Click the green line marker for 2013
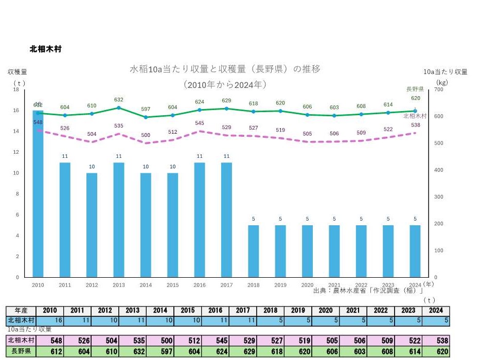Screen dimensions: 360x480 [118, 107]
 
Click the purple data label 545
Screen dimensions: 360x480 [200, 123]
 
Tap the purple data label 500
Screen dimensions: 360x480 [146, 135]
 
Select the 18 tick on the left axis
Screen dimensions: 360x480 [15, 89]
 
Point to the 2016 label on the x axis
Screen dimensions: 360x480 [199, 284]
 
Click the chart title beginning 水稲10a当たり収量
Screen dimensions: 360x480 [225, 69]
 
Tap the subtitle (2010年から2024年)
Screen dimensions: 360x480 [225, 84]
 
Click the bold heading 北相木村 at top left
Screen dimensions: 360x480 [46, 49]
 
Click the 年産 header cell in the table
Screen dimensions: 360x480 [21, 311]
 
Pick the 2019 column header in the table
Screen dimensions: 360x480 [298, 311]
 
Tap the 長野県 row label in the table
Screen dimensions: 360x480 [21, 351]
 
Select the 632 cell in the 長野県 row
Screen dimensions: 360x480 [132, 351]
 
